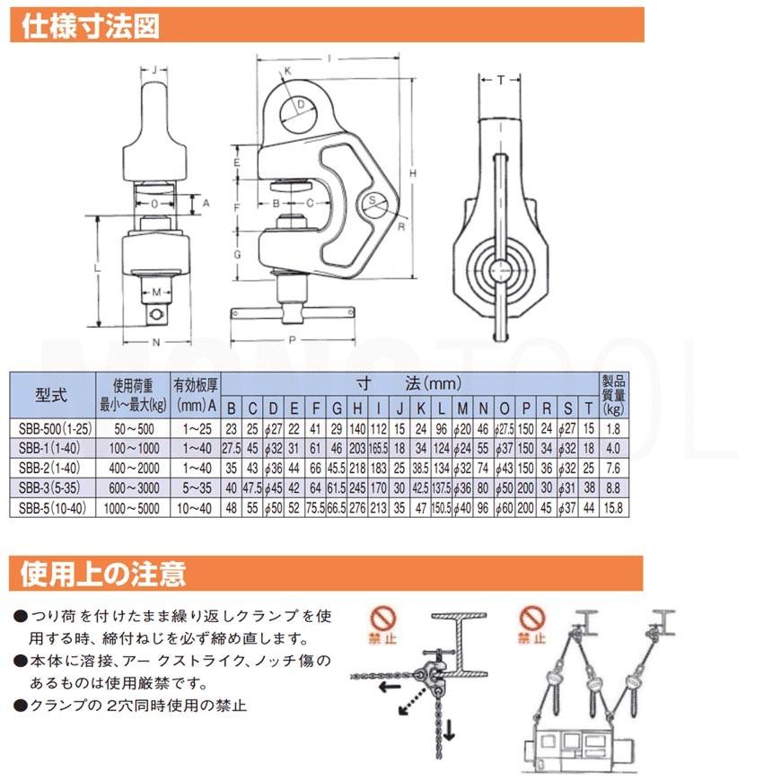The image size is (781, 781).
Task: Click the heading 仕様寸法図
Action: click(x=90, y=26)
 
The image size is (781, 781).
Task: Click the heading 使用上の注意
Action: click(x=103, y=574)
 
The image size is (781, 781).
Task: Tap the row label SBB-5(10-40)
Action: click(x=52, y=508)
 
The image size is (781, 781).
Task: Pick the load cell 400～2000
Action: click(x=134, y=469)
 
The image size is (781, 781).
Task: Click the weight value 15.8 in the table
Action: click(x=613, y=508)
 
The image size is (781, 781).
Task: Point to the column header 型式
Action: click(x=52, y=396)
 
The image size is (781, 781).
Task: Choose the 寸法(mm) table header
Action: click(x=408, y=383)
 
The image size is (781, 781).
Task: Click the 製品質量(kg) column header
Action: click(x=613, y=395)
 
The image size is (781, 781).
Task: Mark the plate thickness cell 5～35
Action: click(x=197, y=488)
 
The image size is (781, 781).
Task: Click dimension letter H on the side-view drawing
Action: click(x=413, y=173)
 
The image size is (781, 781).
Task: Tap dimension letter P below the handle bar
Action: click(x=293, y=339)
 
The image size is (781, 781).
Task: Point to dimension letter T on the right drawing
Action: click(x=501, y=80)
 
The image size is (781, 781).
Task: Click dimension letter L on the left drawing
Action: click(x=98, y=268)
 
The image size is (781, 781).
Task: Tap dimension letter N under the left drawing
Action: click(x=156, y=342)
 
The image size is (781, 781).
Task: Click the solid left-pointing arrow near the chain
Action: click(x=390, y=688)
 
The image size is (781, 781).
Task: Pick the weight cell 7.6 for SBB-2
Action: click(x=613, y=469)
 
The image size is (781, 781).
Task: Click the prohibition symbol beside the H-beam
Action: click(x=382, y=619)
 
